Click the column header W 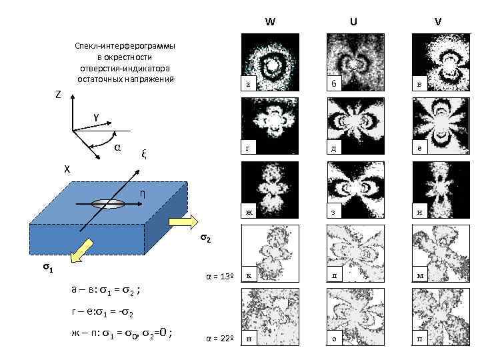pyautogui.click(x=269, y=21)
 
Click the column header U pyautogui.click(x=353, y=21)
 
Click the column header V pyautogui.click(x=437, y=21)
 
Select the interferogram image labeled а pyautogui.click(x=269, y=61)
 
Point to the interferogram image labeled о pyautogui.click(x=354, y=316)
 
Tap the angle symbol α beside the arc pyautogui.click(x=117, y=147)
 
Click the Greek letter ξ pyautogui.click(x=143, y=154)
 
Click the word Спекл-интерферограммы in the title pyautogui.click(x=125, y=47)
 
